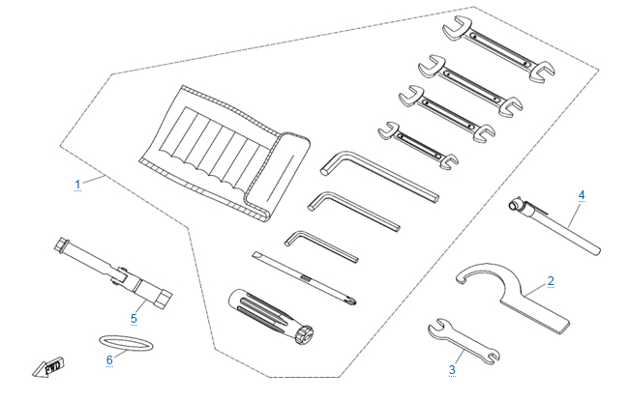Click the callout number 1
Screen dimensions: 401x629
77,184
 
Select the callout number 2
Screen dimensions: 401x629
551,281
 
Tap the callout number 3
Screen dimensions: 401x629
452,369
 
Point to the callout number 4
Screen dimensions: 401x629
582,195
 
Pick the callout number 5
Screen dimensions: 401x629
135,316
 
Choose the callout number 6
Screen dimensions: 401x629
109,358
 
